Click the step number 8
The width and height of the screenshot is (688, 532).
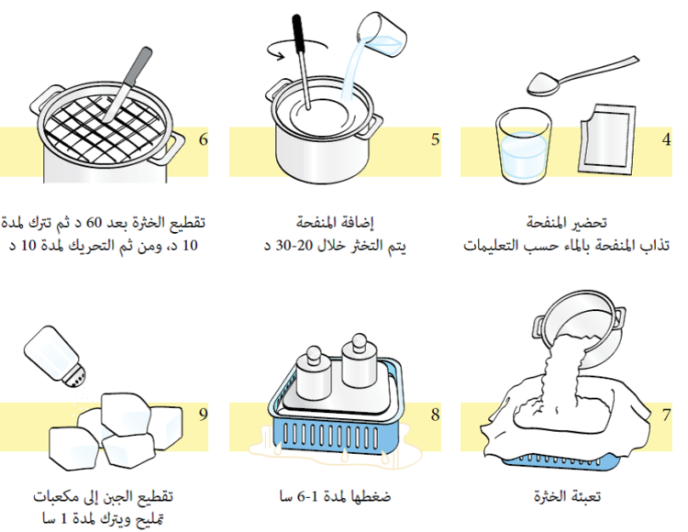(x=435, y=415)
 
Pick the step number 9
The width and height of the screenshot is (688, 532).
(x=203, y=415)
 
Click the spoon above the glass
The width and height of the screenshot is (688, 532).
(x=578, y=76)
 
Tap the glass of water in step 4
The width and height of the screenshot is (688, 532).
(x=523, y=147)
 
